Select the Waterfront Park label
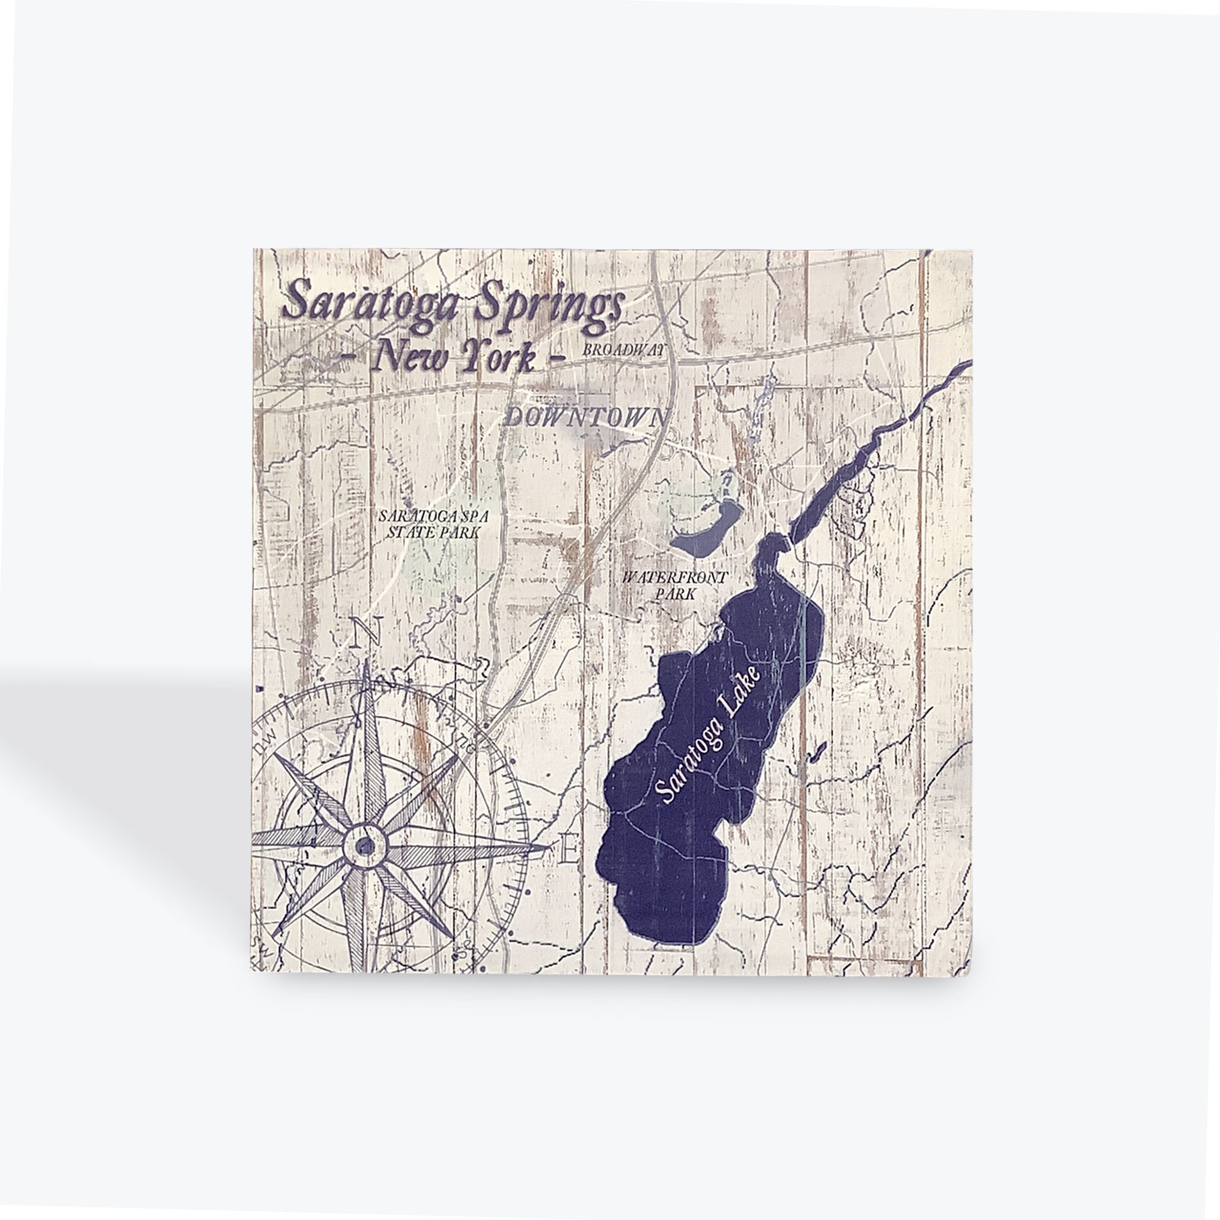[x=675, y=586]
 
